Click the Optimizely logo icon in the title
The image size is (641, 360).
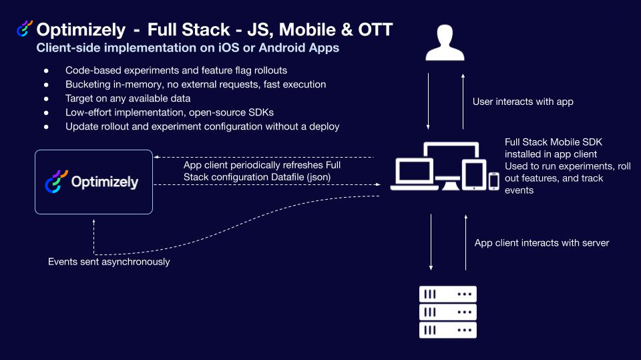(25, 29)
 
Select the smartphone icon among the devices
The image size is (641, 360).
(494, 181)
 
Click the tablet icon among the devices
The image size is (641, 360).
(472, 175)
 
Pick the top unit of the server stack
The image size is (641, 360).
(447, 294)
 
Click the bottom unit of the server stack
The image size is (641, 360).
(447, 330)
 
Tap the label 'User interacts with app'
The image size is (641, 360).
(523, 102)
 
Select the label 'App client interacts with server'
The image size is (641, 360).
(542, 242)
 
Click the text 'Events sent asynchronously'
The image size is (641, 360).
(109, 262)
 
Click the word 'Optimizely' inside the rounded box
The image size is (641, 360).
(104, 182)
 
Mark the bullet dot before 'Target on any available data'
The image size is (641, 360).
(46, 99)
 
